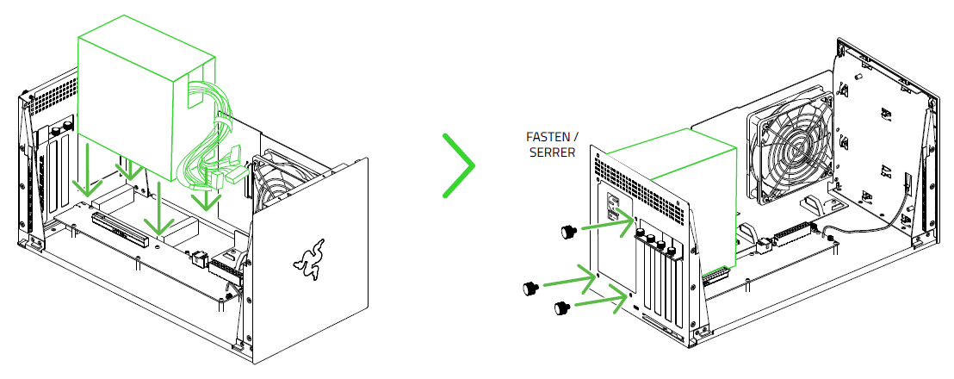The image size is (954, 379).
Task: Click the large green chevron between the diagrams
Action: coord(460,165)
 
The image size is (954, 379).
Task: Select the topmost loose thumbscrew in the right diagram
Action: coord(568,230)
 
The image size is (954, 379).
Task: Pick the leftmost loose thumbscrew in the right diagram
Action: coord(530,288)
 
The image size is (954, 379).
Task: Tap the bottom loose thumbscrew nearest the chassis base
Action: coord(562,306)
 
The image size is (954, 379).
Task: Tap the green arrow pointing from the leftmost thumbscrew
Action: coord(571,278)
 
